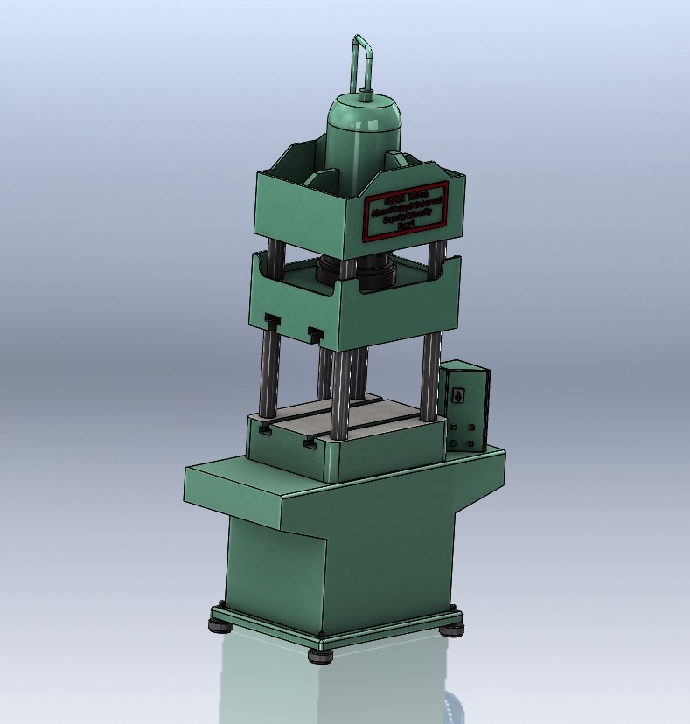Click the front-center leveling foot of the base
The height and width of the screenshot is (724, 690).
coord(319,652)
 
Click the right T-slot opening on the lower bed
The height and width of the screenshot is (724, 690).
coord(309,444)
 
